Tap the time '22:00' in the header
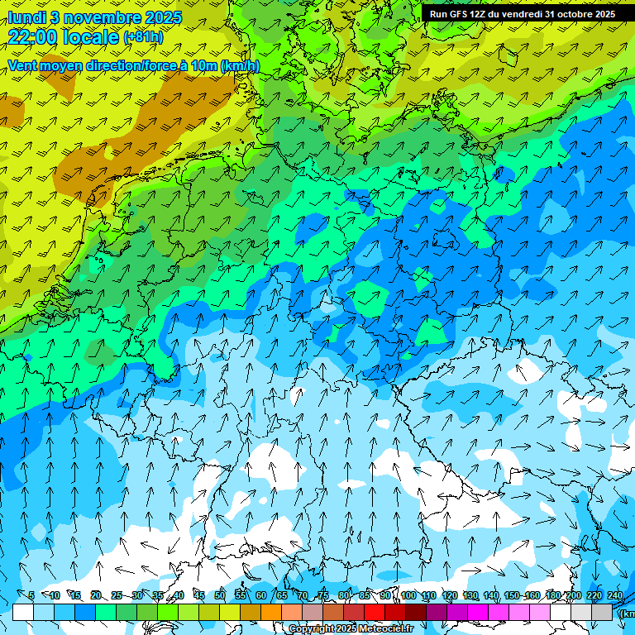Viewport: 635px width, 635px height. (x=34, y=36)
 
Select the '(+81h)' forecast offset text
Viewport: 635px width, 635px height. (x=144, y=37)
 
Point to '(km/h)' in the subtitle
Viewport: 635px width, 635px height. (x=240, y=65)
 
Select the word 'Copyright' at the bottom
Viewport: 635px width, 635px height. (x=312, y=628)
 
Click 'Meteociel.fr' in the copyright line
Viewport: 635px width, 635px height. (x=384, y=628)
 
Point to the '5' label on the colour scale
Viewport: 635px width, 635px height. (x=31, y=595)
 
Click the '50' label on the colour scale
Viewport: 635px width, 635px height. (x=220, y=595)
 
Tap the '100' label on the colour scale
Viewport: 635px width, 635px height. (x=408, y=595)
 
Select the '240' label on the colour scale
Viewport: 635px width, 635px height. (x=614, y=595)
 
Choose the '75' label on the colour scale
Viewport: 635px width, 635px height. (x=323, y=595)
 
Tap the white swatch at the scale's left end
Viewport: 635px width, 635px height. (x=23, y=612)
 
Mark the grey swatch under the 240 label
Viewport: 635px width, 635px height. (x=602, y=612)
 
